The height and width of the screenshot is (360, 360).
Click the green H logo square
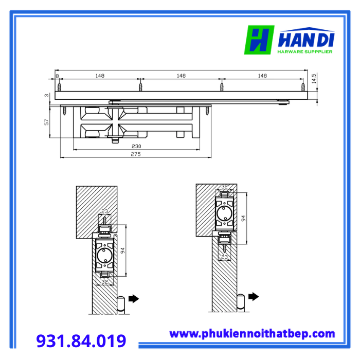click(x=259, y=40)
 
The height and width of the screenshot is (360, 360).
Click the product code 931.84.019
click(x=81, y=341)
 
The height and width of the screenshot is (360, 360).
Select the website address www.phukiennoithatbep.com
click(x=252, y=334)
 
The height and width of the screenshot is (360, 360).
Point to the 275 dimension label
click(x=136, y=154)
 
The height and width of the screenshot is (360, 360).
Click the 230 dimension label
click(x=136, y=146)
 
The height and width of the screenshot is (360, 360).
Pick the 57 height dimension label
click(x=47, y=122)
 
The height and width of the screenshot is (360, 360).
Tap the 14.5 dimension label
click(x=314, y=78)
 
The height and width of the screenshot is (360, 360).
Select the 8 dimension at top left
click(x=57, y=76)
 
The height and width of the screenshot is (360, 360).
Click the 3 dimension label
click(x=47, y=95)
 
